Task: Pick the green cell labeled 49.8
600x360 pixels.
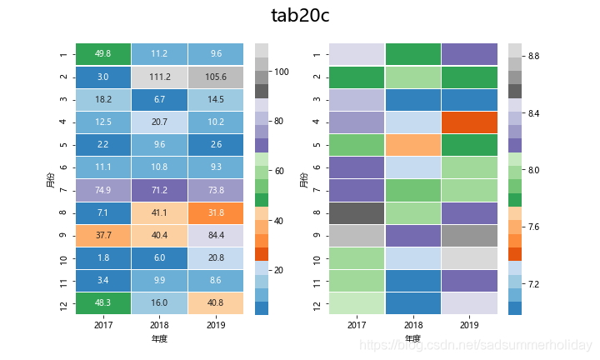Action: [103, 54]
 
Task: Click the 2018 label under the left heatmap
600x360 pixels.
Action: [159, 326]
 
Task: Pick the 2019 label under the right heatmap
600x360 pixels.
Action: [470, 326]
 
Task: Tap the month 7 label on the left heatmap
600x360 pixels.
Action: [63, 191]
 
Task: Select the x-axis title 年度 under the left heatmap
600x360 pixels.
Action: [159, 339]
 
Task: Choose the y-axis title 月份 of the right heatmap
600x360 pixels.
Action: [303, 179]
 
